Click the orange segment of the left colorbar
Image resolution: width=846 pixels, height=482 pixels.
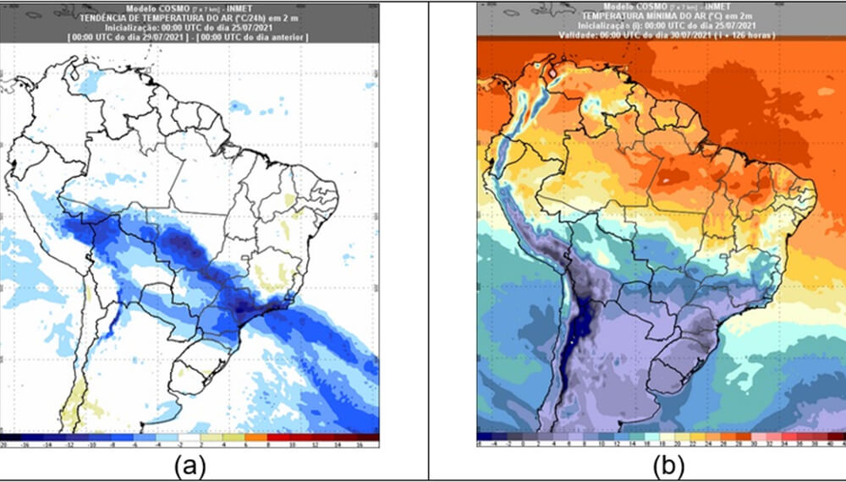[x=263, y=437]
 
